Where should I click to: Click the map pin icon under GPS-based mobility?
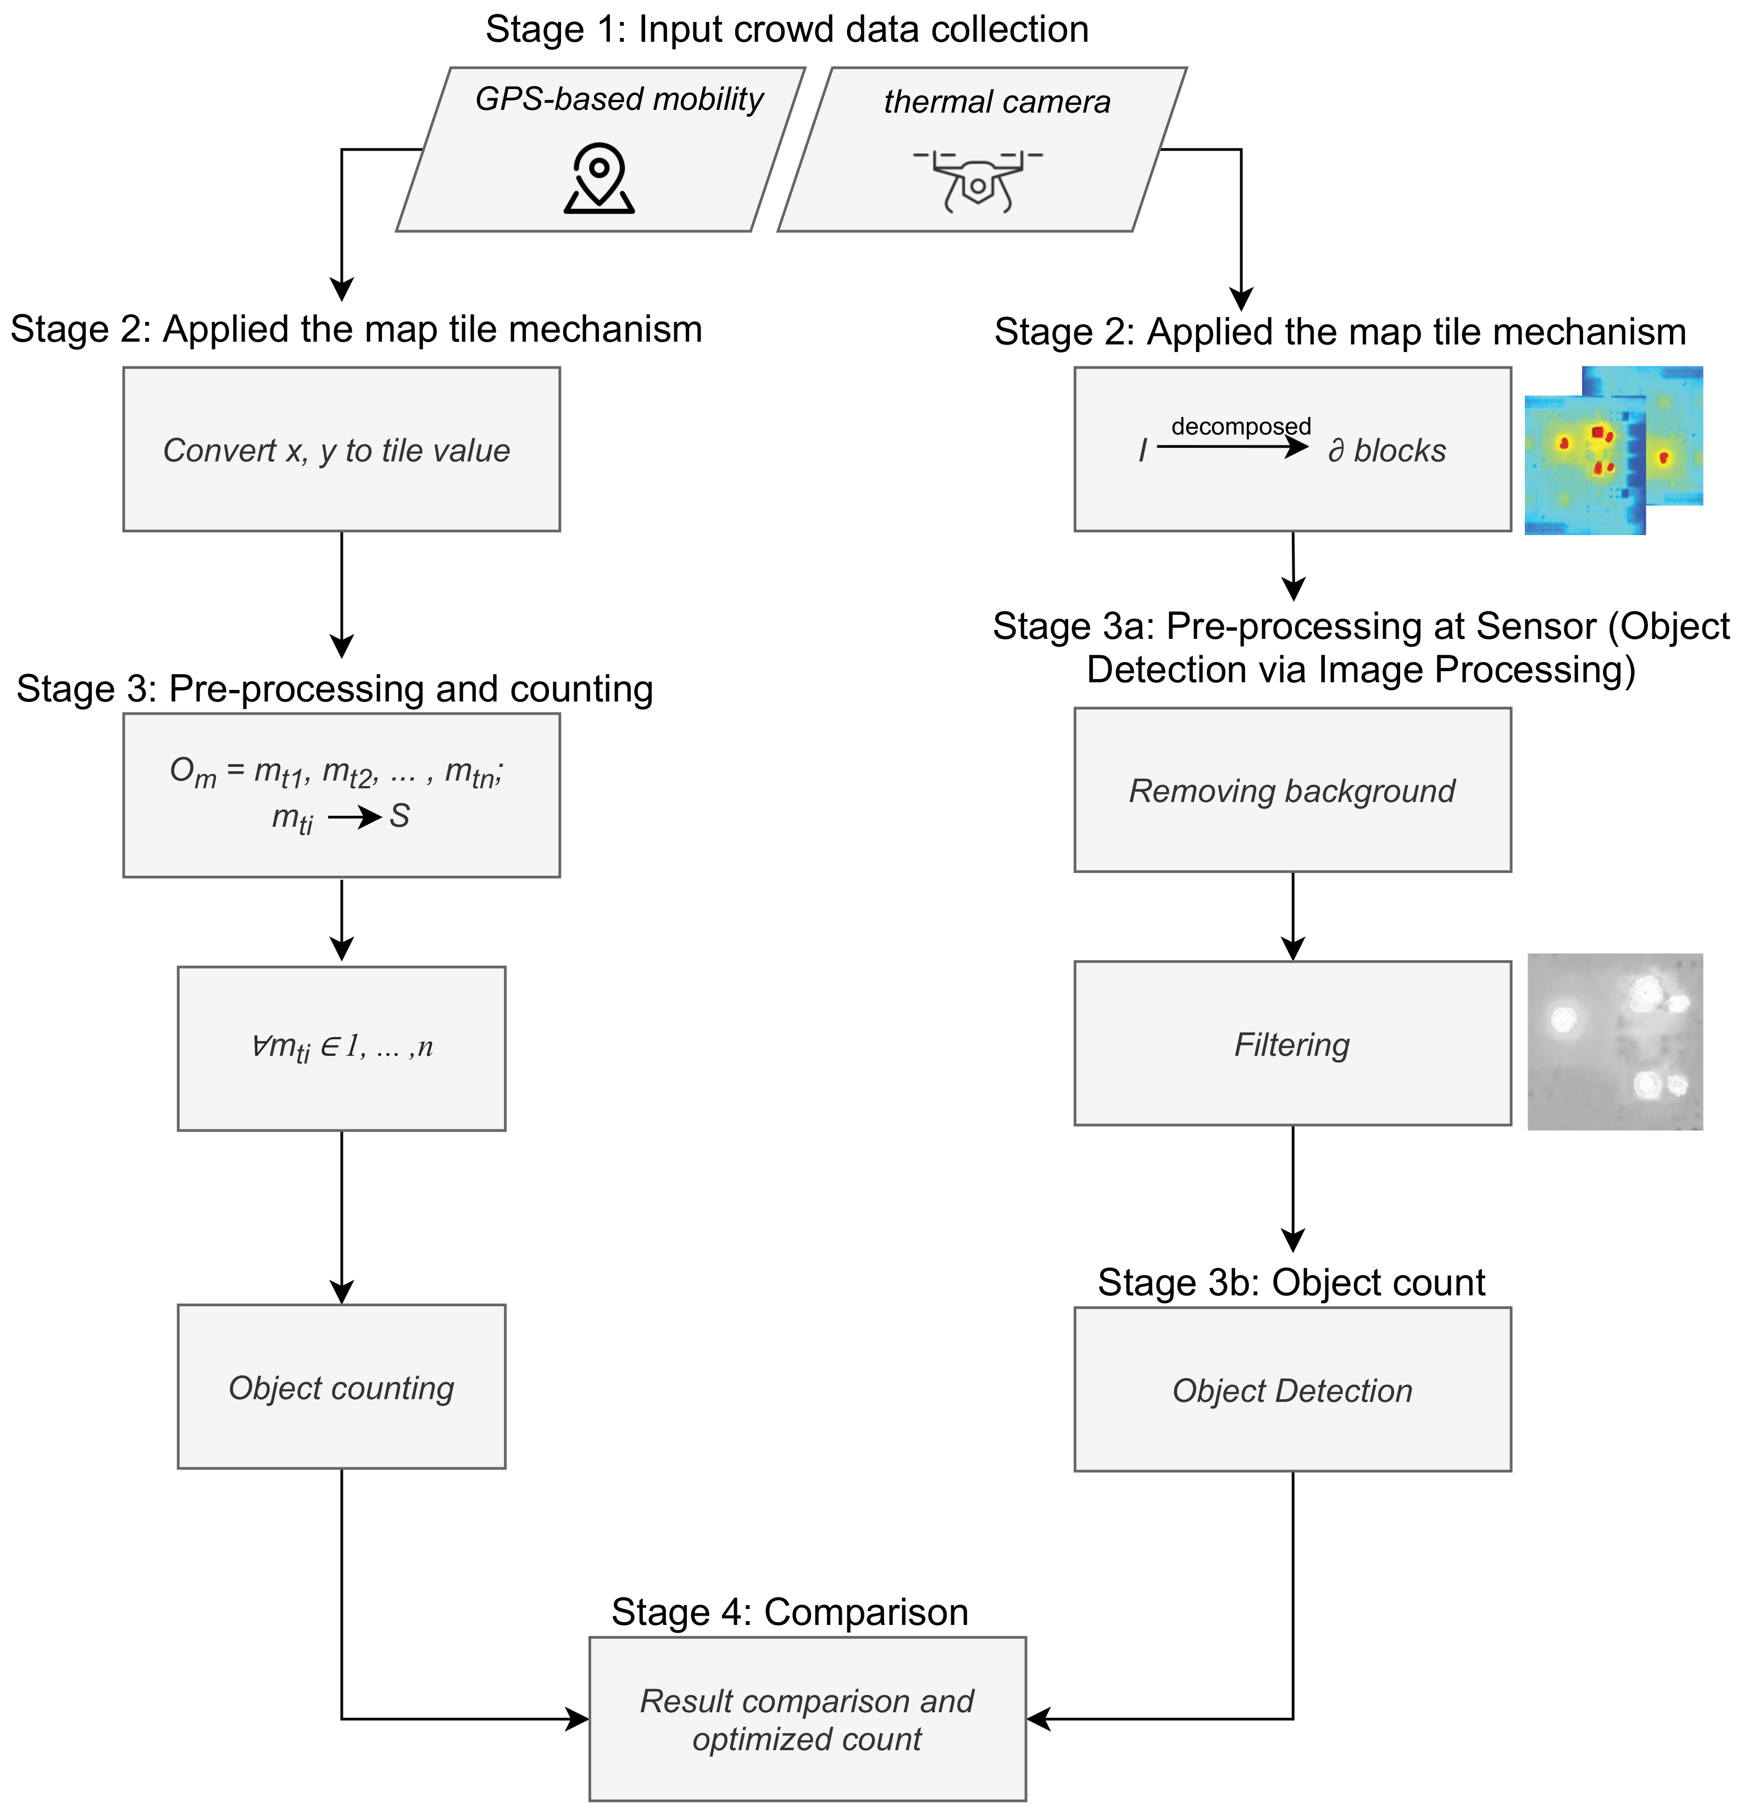[x=599, y=178]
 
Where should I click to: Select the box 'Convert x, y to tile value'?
[x=342, y=449]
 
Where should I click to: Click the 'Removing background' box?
[x=1293, y=790]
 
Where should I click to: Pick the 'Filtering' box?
[x=1293, y=1044]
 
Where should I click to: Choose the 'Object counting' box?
[x=342, y=1387]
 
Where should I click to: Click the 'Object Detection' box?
[x=1293, y=1389]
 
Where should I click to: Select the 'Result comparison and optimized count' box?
[x=808, y=1719]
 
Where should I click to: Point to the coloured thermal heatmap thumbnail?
[x=1613, y=450]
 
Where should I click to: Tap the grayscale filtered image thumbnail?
[x=1615, y=1042]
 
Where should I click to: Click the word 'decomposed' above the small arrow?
[x=1241, y=426]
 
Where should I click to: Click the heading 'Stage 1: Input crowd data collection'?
[x=787, y=30]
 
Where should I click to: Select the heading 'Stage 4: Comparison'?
[x=790, y=1612]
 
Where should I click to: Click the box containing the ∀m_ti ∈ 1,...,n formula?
[x=342, y=1048]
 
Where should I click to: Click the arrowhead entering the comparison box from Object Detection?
[x=1038, y=1719]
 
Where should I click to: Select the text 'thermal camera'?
[x=997, y=102]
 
